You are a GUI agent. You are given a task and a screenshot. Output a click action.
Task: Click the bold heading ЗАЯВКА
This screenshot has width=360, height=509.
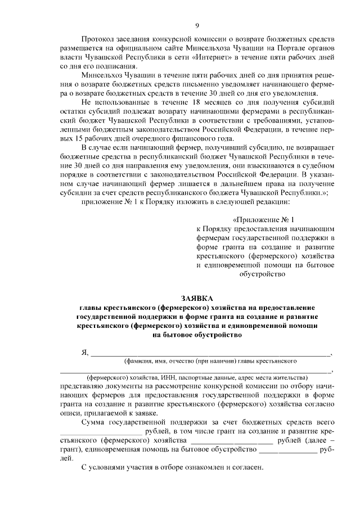coord(197,298)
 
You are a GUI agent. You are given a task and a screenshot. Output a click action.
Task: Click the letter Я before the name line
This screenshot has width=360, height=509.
coord(85,353)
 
